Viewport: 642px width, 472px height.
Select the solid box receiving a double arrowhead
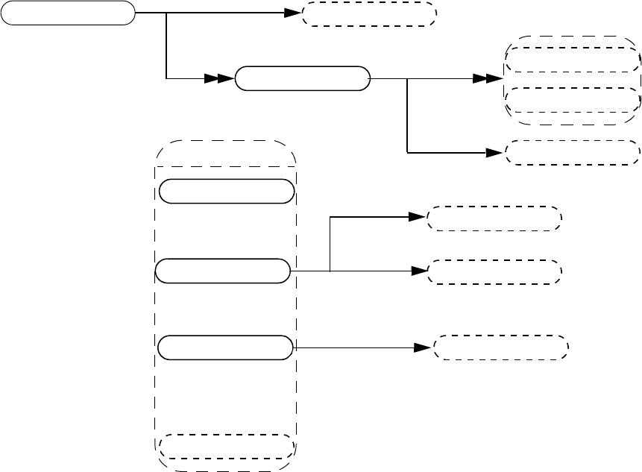tap(302, 78)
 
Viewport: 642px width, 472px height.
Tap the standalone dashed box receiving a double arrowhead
tap(368, 13)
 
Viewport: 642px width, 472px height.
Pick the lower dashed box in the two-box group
tap(572, 98)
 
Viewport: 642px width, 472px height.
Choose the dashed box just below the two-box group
tap(572, 152)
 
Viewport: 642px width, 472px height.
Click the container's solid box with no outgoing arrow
tap(226, 191)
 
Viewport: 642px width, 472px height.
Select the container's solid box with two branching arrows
tap(222, 271)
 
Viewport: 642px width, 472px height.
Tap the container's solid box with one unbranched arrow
tap(226, 347)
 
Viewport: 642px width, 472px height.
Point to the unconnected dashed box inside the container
tap(226, 445)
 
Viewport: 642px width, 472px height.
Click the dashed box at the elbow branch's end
tap(493, 218)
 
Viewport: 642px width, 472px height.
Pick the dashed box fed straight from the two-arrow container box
tap(493, 271)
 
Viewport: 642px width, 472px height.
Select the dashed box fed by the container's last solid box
tap(500, 347)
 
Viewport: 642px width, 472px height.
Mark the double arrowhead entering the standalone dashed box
tap(292, 13)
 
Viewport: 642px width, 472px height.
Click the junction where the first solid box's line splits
tap(166, 13)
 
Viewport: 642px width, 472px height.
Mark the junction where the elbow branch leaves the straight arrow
tap(330, 271)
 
